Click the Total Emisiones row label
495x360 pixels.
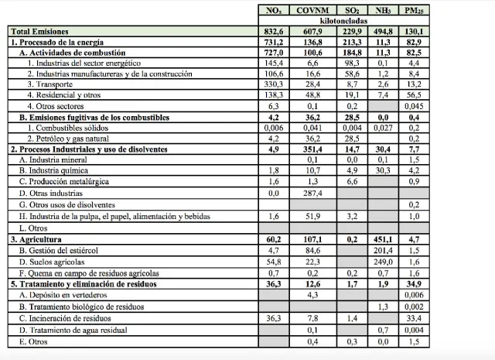coord(40,31)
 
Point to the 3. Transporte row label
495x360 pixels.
coord(53,83)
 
